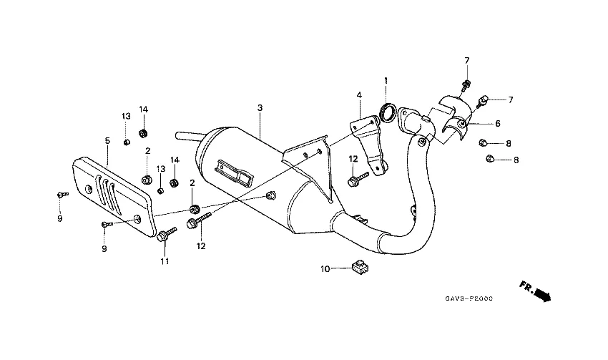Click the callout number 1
385,80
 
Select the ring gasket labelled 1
388,112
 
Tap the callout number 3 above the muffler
260,107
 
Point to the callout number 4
359,94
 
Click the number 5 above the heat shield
107,140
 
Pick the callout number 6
498,124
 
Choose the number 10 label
325,269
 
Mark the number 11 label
165,261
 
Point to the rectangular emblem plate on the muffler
235,172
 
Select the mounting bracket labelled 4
368,140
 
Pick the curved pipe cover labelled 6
453,115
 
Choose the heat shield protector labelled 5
114,197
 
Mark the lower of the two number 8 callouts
515,160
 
